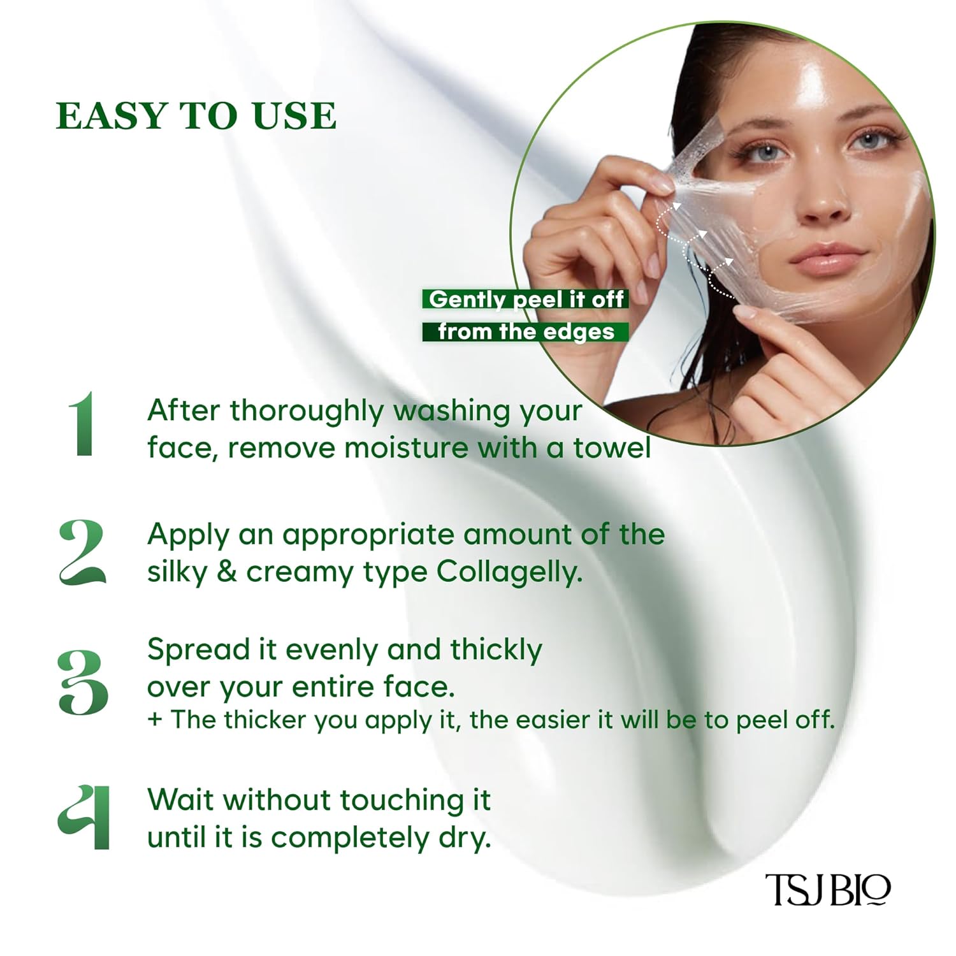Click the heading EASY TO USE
coord(196,115)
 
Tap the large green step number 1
coord(83,424)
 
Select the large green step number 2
coord(82,552)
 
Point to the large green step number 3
coord(83,682)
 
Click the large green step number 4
coord(85,817)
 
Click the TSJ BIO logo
coord(827,889)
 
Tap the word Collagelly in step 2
coord(509,572)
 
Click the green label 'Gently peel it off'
coord(525,299)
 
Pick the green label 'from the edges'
coord(525,331)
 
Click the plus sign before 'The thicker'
coord(154,720)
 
